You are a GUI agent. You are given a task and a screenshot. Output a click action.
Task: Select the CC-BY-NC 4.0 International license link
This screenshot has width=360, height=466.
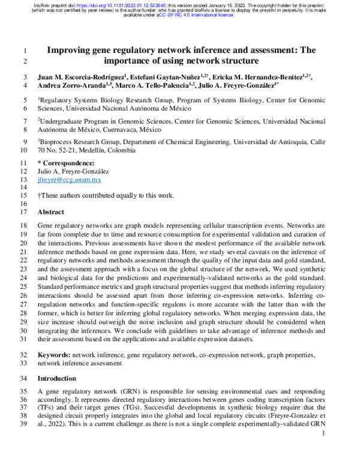point(195,16)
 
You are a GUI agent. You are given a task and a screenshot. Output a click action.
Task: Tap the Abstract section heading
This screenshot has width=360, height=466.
point(51,212)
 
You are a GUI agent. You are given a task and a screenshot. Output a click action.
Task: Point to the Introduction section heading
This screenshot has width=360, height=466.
point(57,378)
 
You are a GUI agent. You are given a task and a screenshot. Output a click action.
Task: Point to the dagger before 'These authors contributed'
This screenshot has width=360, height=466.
point(39,196)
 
